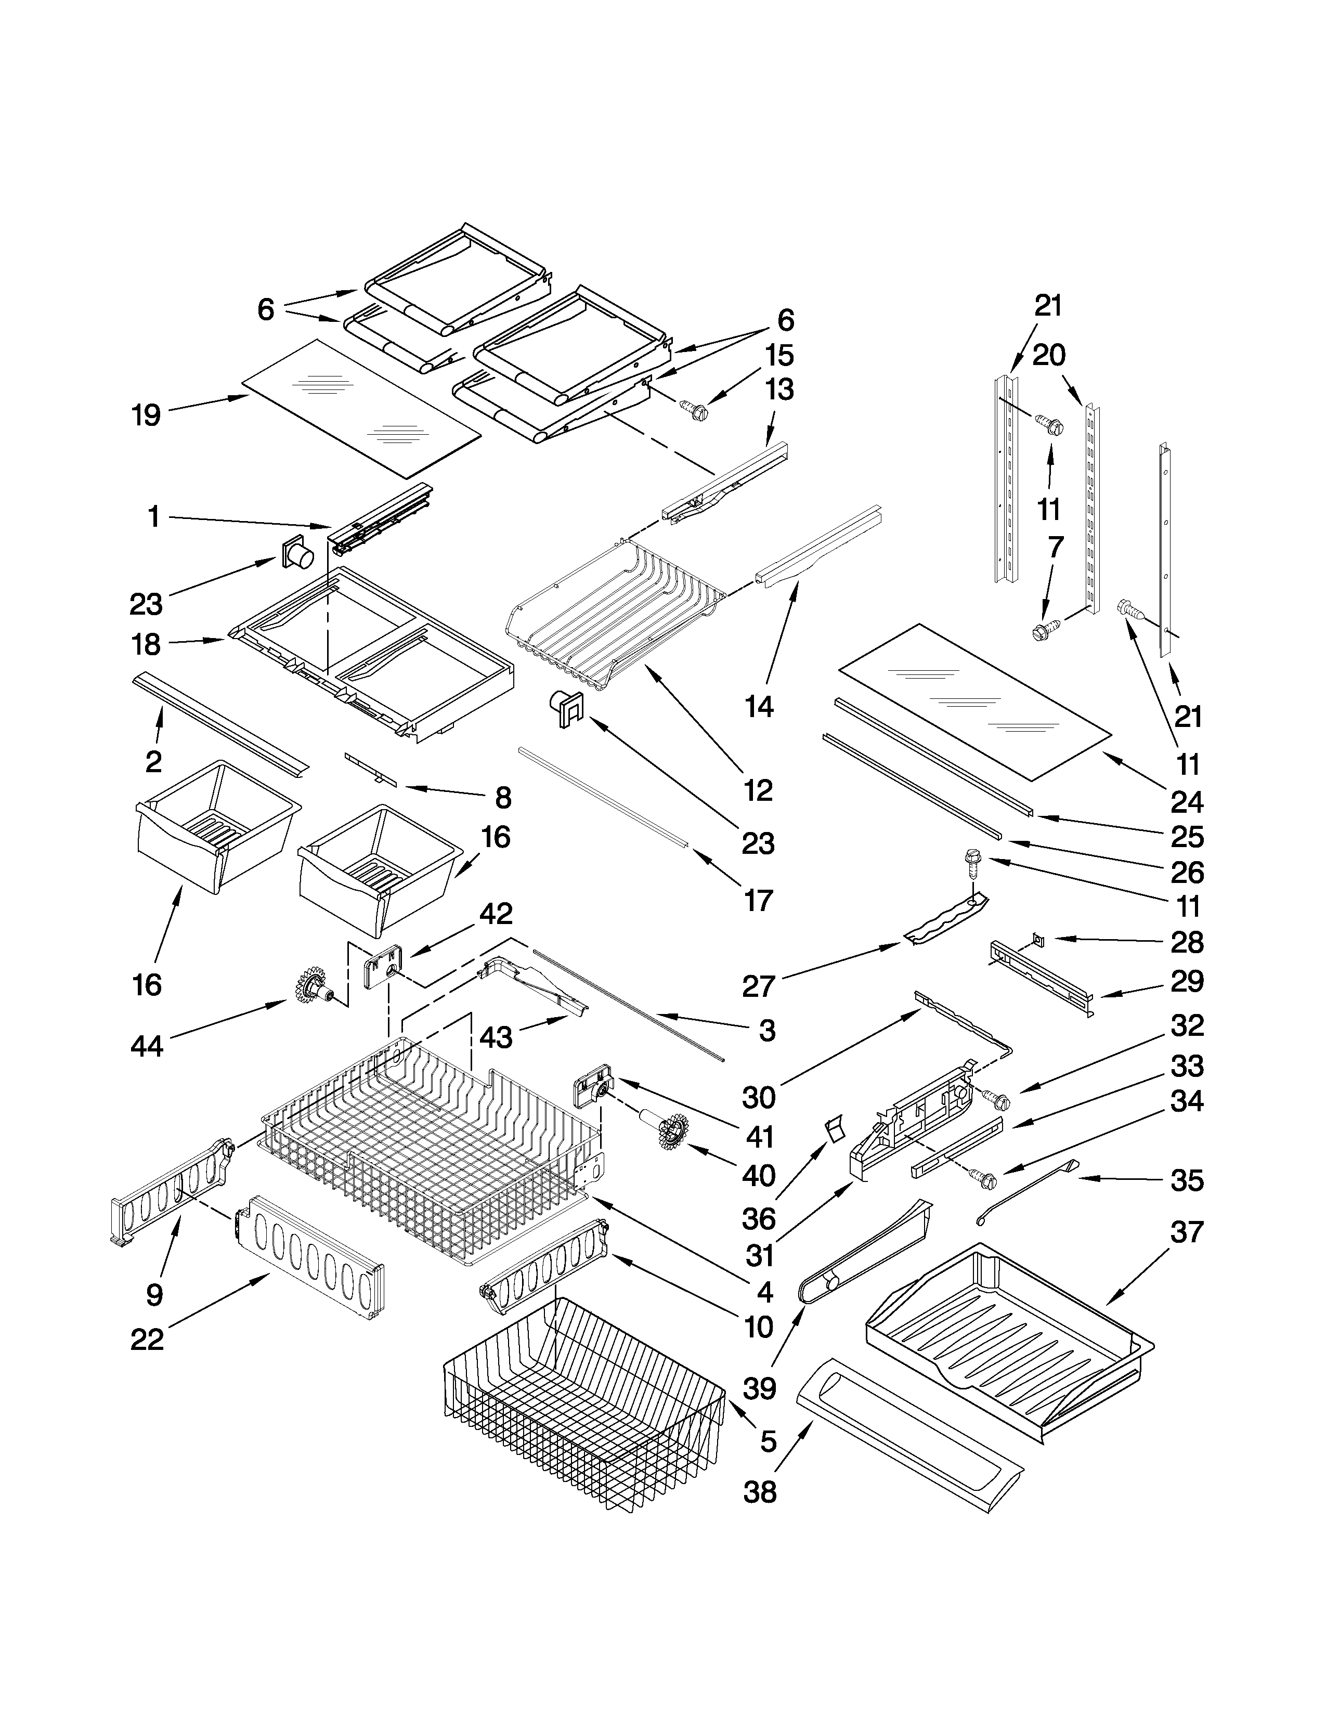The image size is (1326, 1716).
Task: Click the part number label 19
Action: click(146, 415)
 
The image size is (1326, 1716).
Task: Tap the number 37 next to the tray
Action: click(1186, 1233)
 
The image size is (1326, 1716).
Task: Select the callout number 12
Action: click(758, 790)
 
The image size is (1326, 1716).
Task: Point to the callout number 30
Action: click(758, 1098)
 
